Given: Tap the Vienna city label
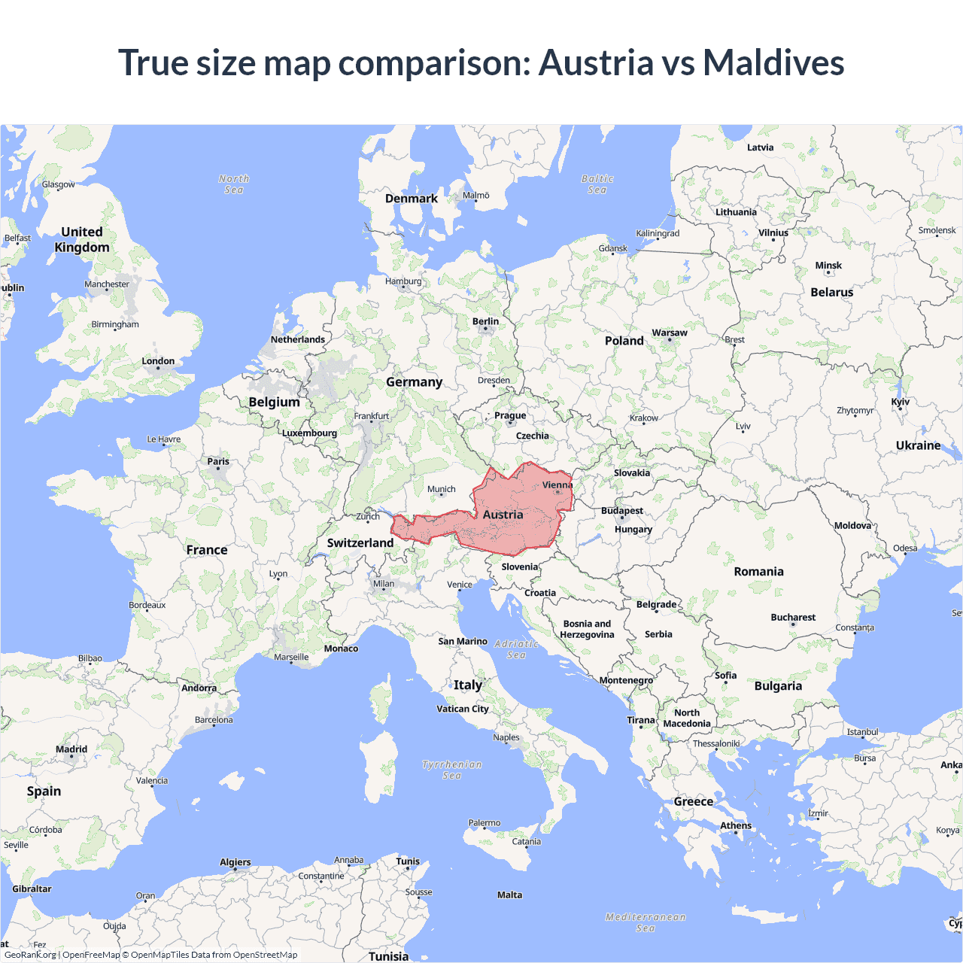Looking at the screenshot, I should pyautogui.click(x=557, y=485).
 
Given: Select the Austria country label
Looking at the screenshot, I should pyautogui.click(x=503, y=515).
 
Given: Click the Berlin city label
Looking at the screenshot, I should pyautogui.click(x=485, y=321).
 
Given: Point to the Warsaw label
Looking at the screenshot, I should pyautogui.click(x=670, y=333).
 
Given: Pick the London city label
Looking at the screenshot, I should pyautogui.click(x=158, y=361).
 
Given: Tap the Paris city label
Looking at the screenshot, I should pyautogui.click(x=218, y=461).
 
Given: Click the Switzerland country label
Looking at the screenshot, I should pyautogui.click(x=360, y=542).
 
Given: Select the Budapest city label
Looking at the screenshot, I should pyautogui.click(x=622, y=511).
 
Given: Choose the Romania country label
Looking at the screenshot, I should pyautogui.click(x=758, y=572).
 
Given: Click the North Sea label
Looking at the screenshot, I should pyautogui.click(x=234, y=184).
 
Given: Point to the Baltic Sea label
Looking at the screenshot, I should pyautogui.click(x=597, y=184).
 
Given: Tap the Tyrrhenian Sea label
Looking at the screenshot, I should pyautogui.click(x=452, y=770).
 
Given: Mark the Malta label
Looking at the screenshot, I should pyautogui.click(x=509, y=895).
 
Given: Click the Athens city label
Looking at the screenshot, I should pyautogui.click(x=736, y=825).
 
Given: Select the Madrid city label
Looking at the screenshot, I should pyautogui.click(x=71, y=749).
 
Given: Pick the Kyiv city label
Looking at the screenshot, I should pyautogui.click(x=901, y=402).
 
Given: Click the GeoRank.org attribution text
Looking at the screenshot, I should pyautogui.click(x=30, y=955).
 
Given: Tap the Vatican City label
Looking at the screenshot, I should pyautogui.click(x=463, y=709).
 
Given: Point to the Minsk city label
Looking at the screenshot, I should pyautogui.click(x=828, y=266).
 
